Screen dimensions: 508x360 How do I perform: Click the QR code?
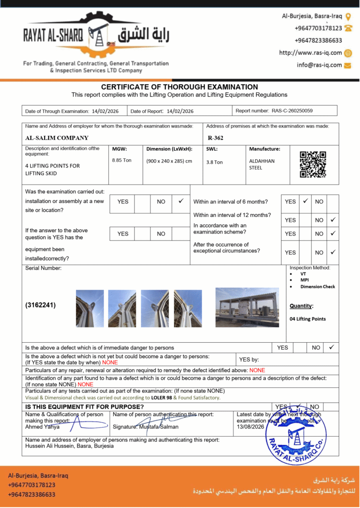[313, 164]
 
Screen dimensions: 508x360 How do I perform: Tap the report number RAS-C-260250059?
[292, 111]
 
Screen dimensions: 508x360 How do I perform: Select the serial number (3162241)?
[41, 305]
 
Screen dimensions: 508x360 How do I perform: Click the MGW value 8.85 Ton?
[122, 160]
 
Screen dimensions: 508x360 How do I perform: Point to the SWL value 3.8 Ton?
[215, 162]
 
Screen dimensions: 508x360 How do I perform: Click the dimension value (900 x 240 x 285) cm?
[169, 161]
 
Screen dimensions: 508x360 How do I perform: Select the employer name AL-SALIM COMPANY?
[57, 138]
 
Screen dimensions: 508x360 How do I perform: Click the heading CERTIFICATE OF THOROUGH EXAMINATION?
[179, 87]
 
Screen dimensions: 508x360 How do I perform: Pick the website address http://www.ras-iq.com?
[310, 53]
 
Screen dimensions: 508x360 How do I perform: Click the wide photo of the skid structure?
[247, 308]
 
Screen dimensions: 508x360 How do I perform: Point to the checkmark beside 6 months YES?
[305, 201]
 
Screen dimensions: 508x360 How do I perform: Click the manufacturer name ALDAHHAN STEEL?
[262, 164]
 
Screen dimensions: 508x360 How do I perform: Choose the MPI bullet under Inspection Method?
[304, 280]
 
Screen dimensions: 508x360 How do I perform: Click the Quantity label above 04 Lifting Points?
[300, 306]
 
